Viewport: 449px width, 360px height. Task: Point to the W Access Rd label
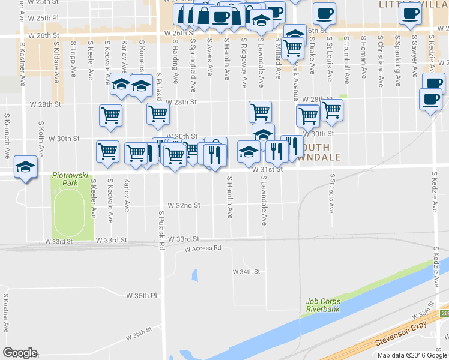click(x=203, y=248)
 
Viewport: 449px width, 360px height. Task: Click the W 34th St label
click(x=246, y=271)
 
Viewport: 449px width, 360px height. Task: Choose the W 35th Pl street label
click(x=141, y=296)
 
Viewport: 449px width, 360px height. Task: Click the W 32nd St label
click(x=184, y=205)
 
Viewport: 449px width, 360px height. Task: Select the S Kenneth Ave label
click(x=7, y=136)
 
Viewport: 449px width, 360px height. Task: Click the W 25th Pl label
click(x=43, y=19)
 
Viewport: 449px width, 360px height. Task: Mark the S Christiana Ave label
click(x=380, y=56)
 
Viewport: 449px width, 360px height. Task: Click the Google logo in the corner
click(x=20, y=353)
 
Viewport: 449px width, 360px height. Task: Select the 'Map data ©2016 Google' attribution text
click(x=412, y=355)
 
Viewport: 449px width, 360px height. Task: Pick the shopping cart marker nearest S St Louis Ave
click(x=331, y=110)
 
